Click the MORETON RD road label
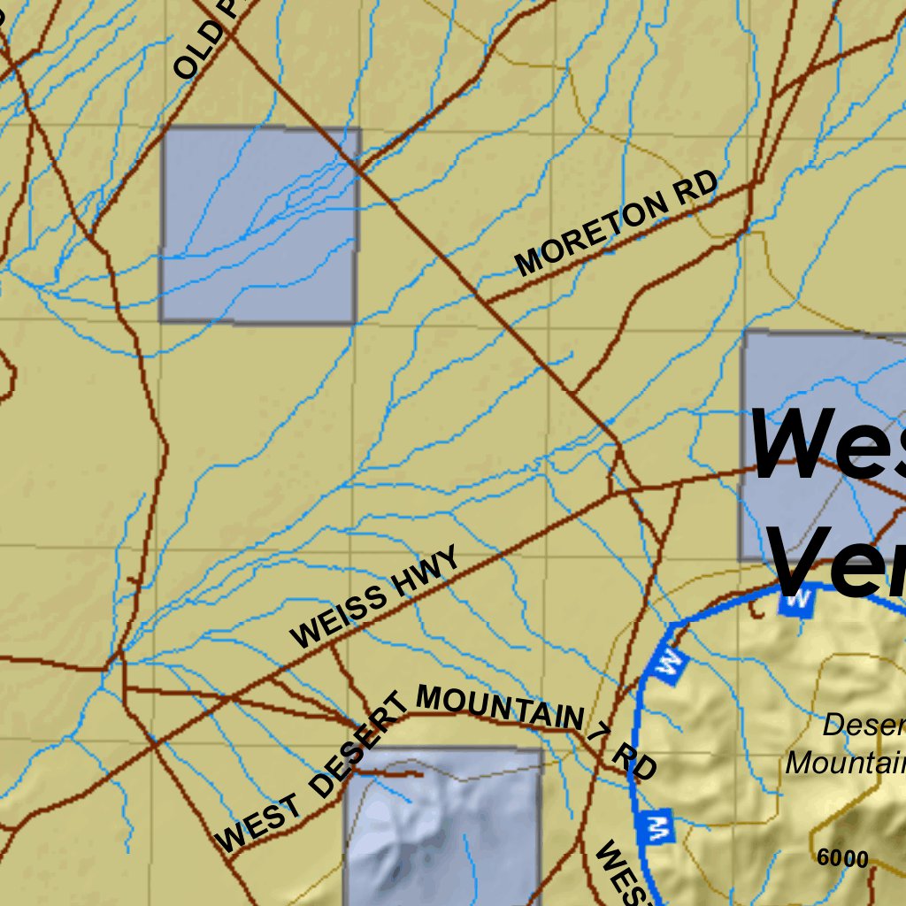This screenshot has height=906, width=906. tap(616, 224)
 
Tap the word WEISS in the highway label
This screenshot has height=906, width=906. tap(339, 617)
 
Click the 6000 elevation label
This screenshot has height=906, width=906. tap(842, 858)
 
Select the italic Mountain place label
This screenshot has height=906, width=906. tap(845, 763)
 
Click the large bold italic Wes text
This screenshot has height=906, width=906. tap(827, 442)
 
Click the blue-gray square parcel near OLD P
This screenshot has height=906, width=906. tap(259, 226)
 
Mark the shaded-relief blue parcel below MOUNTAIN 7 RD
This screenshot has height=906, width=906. tap(442, 827)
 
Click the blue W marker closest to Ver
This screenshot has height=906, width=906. tap(796, 599)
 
